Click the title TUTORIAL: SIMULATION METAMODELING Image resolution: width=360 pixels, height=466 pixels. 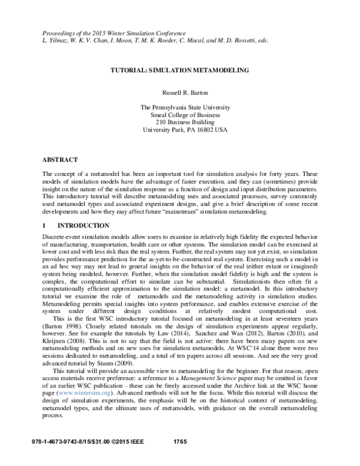(179, 70)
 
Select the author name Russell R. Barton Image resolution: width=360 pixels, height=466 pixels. (179, 94)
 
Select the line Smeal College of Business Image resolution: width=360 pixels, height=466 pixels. (179, 115)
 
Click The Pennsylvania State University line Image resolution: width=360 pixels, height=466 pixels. (179, 108)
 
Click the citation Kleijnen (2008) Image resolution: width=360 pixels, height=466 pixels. (63, 345)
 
